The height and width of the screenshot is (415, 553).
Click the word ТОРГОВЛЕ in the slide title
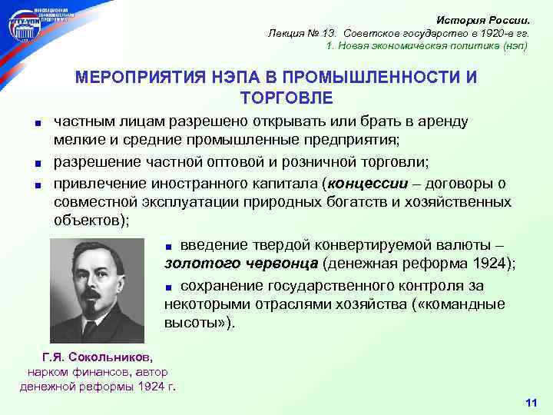(276, 98)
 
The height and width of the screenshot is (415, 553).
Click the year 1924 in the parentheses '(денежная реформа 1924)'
(492, 264)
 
